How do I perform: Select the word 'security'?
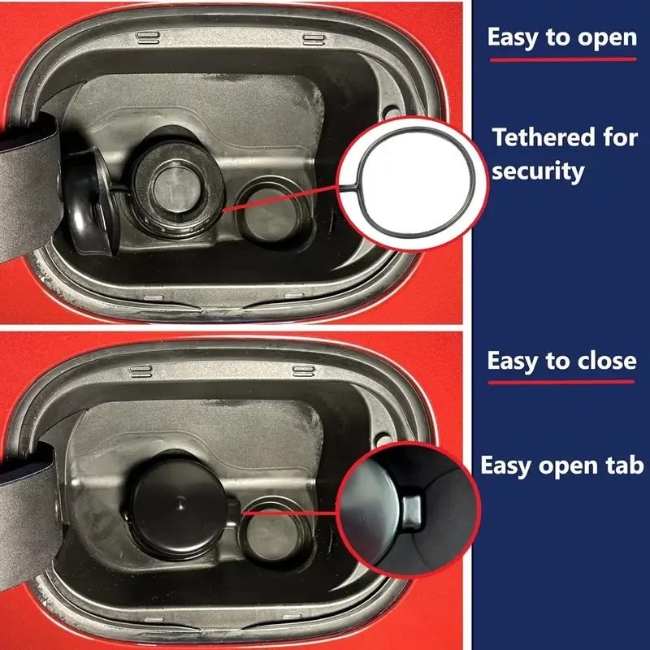click(x=537, y=171)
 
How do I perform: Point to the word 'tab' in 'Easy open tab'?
click(x=624, y=465)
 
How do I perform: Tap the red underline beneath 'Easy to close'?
click(x=561, y=383)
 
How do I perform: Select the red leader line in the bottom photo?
click(x=288, y=513)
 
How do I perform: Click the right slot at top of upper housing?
click(x=314, y=38)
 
